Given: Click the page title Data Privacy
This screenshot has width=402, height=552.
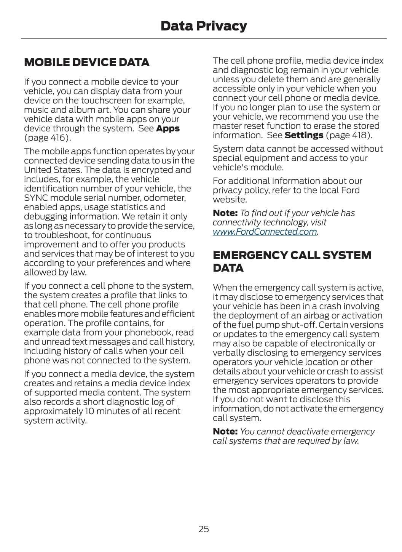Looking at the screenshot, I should click(x=204, y=26).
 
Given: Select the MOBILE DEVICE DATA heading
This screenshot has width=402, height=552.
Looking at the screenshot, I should click(x=86, y=62).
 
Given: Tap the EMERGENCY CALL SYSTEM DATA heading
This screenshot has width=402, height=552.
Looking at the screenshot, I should click(x=292, y=261).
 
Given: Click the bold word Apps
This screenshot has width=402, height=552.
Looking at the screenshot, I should click(x=168, y=128).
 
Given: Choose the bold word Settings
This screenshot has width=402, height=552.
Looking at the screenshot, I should click(x=304, y=135).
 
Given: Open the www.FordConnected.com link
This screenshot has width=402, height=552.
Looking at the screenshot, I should click(x=265, y=232).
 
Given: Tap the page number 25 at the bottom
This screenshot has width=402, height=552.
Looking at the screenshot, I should click(x=204, y=529).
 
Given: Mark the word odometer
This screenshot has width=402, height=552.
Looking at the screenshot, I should click(x=166, y=198).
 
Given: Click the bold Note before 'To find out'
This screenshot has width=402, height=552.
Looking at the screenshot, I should click(x=225, y=213).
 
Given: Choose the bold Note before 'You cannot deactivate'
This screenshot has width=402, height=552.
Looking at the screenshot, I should click(x=225, y=432).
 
